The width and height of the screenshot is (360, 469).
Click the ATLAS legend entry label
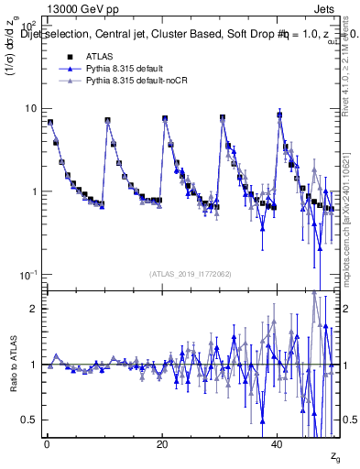pyautogui.click(x=98, y=57)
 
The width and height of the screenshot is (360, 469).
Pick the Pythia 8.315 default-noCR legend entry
pyautogui.click(x=136, y=81)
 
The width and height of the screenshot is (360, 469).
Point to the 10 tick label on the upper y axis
pyautogui.click(x=30, y=108)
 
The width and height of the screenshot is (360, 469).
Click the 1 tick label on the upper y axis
pyautogui.click(x=33, y=191)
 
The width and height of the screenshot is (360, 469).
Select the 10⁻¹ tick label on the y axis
pyautogui.click(x=27, y=275)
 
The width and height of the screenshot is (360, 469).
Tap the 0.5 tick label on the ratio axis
pyautogui.click(x=29, y=420)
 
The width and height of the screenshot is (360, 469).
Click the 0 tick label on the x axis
pyautogui.click(x=47, y=443)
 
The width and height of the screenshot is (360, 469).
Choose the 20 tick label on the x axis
pyautogui.click(x=162, y=443)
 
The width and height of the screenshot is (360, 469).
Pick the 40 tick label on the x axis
pyautogui.click(x=278, y=443)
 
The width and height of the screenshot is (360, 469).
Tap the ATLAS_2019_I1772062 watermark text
pyautogui.click(x=191, y=273)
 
